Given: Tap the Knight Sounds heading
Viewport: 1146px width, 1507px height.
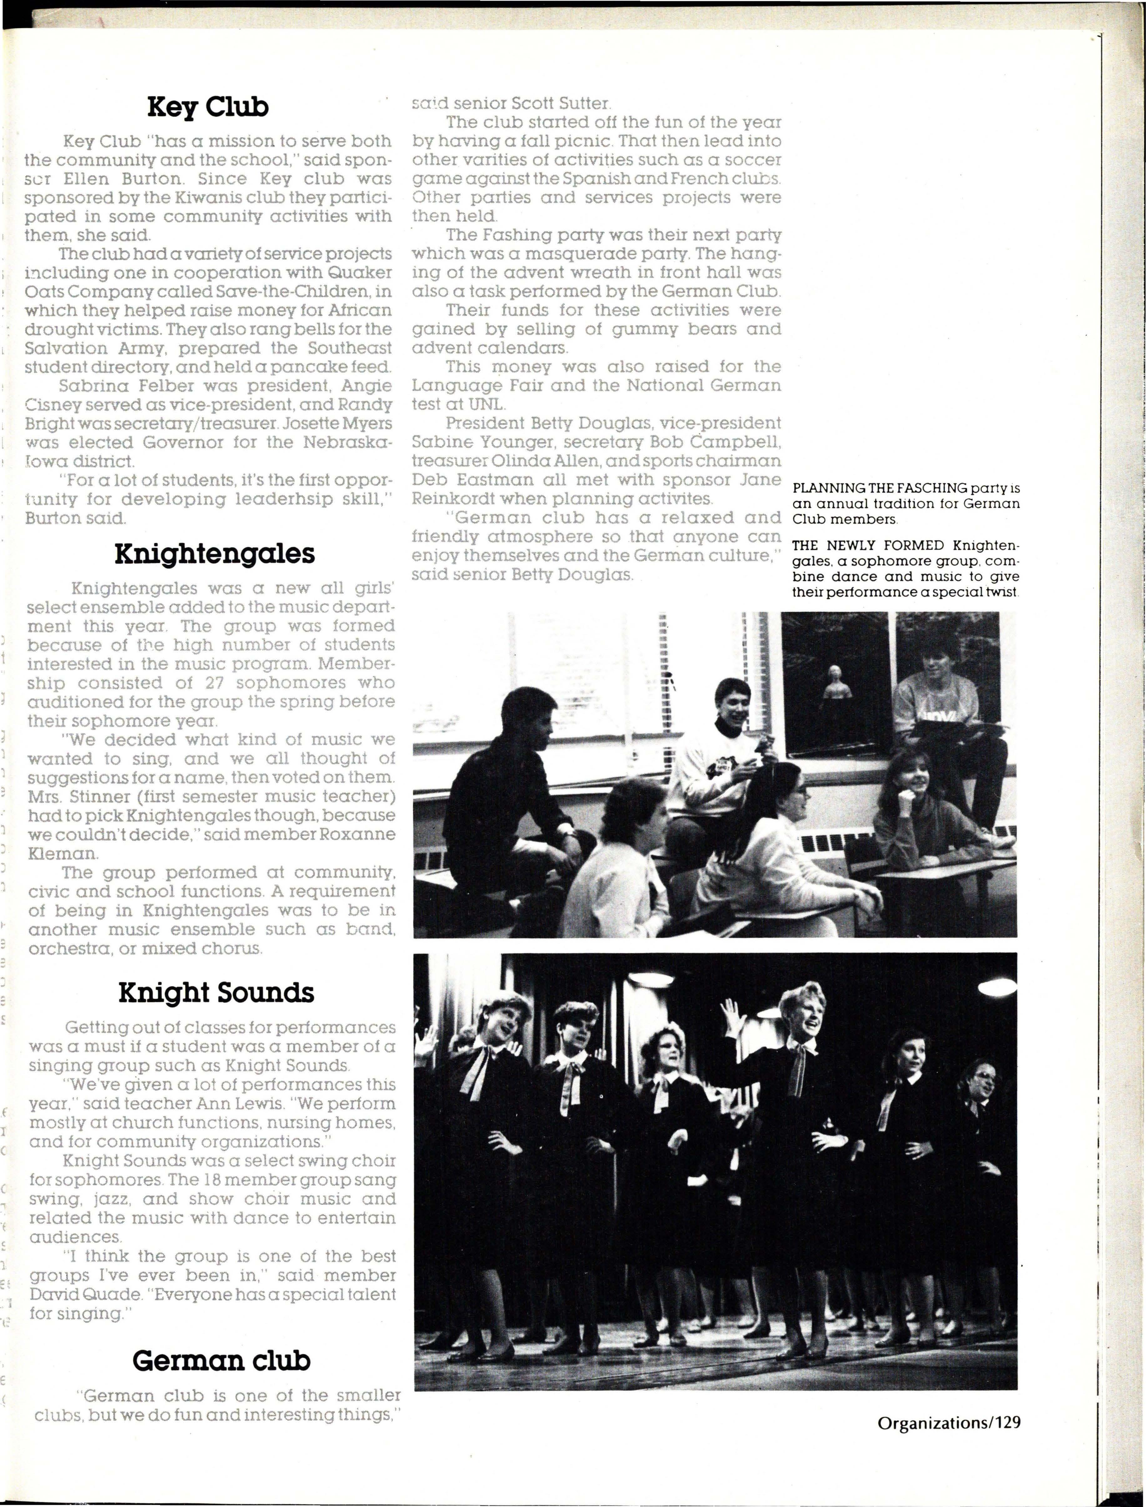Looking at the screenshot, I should pos(216,992).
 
